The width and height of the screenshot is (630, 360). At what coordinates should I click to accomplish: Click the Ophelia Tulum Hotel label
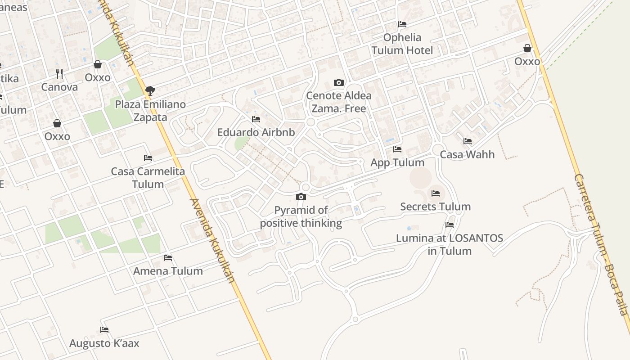[402, 44]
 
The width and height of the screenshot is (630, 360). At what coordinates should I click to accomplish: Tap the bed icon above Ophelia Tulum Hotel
[402, 24]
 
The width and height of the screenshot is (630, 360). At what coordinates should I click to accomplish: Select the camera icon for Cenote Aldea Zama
[338, 82]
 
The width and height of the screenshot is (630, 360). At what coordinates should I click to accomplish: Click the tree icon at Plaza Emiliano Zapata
[150, 91]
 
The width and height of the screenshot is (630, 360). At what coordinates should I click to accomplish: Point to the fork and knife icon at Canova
[59, 73]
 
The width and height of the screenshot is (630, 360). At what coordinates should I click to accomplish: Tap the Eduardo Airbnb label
[256, 132]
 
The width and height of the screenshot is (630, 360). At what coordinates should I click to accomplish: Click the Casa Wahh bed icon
[467, 141]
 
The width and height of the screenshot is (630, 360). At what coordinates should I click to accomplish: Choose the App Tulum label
[397, 162]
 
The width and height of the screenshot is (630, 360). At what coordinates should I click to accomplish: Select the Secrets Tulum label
[435, 207]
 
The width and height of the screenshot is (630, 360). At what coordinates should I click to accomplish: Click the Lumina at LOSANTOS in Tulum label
[449, 244]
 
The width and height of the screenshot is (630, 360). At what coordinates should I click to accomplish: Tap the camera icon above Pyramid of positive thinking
[301, 197]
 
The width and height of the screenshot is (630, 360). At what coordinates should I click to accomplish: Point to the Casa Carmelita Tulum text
[148, 178]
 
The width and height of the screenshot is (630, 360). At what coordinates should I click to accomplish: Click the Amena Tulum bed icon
[168, 257]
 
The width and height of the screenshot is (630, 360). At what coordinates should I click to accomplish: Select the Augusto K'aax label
[104, 343]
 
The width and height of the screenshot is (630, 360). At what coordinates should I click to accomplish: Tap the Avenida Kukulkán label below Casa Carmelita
[212, 240]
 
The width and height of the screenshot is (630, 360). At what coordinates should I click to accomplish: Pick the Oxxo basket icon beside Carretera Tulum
[527, 48]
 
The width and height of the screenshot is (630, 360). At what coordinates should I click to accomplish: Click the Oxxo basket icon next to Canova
[98, 65]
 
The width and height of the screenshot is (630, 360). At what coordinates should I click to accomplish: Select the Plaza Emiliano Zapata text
[150, 111]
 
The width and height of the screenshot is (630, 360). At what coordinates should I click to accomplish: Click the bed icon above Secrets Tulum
[435, 193]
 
